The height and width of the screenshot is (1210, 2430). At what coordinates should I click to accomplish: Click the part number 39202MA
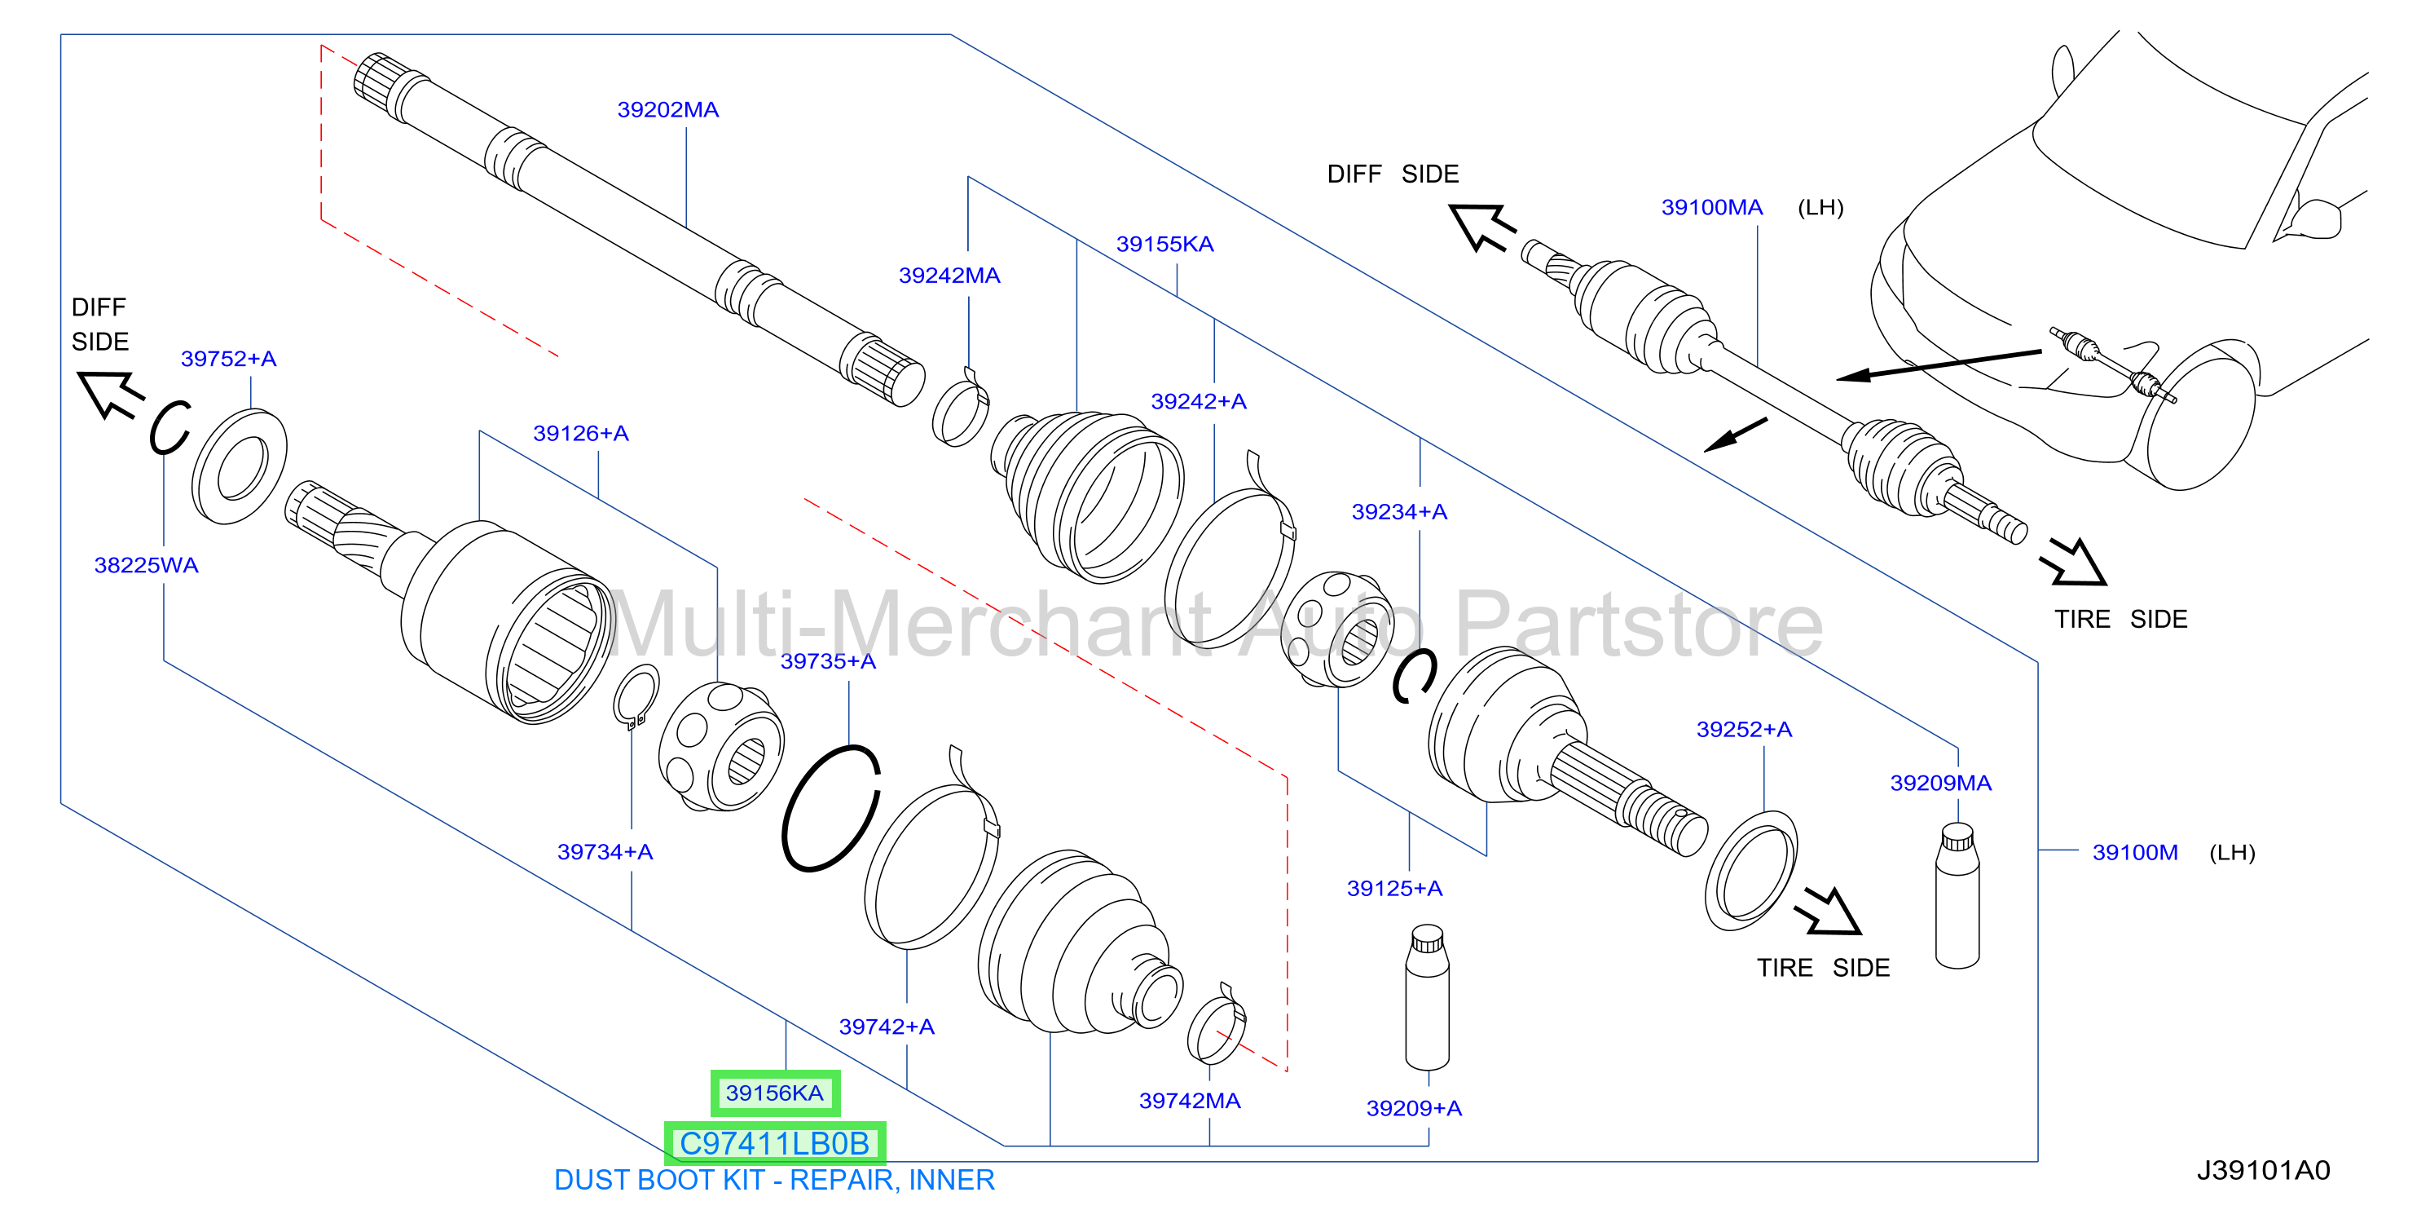point(668,109)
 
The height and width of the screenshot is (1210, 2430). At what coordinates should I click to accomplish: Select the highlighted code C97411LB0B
point(774,1143)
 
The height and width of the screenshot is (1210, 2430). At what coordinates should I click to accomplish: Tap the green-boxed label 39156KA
point(774,1093)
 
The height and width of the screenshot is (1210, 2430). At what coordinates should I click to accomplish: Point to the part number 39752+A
point(228,359)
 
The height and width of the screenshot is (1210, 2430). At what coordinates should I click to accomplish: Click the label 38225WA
point(146,565)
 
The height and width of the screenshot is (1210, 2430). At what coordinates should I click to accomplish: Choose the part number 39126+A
point(581,433)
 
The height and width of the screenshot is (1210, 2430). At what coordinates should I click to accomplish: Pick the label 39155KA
point(1165,245)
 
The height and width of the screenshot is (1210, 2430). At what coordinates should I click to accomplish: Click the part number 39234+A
point(1399,511)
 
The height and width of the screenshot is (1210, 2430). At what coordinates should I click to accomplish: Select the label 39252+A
point(1744,730)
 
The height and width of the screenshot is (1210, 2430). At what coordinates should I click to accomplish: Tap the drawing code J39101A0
point(2263,1170)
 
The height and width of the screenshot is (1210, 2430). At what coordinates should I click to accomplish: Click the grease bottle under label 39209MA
point(1957,896)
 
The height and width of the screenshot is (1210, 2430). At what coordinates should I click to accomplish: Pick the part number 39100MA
point(1711,208)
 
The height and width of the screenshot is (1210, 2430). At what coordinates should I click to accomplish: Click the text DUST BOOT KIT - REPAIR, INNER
point(774,1180)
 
